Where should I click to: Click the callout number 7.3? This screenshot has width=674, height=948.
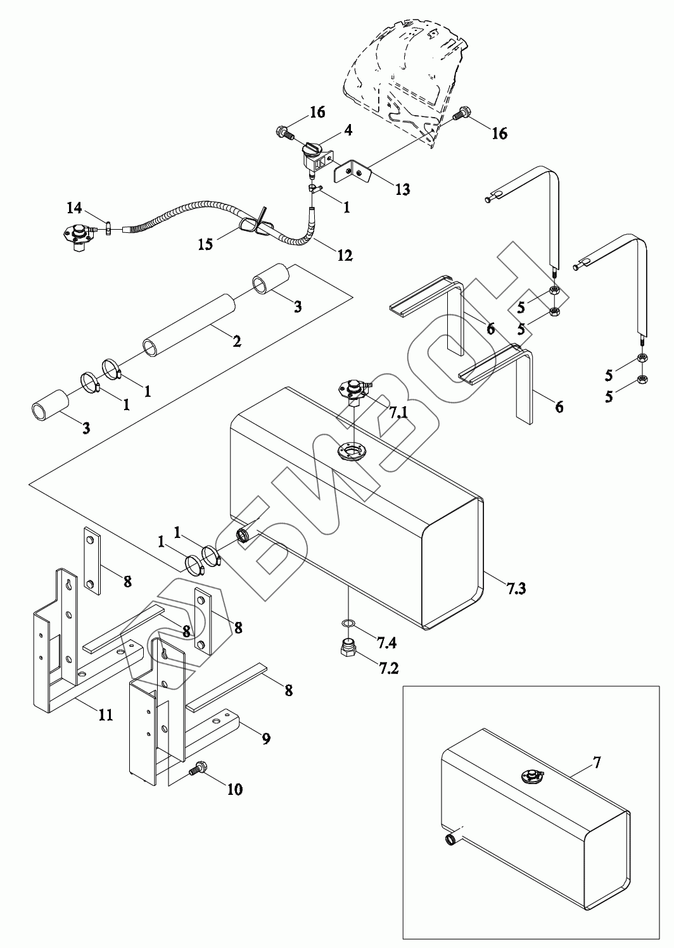516,589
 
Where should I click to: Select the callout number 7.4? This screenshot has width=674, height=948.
386,643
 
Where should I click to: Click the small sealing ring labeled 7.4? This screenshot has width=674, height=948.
347,623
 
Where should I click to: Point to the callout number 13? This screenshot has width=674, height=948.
402,189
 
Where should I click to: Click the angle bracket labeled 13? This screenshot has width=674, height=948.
352,171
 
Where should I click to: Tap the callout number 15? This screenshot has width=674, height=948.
205,244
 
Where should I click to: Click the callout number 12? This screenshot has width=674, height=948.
345,255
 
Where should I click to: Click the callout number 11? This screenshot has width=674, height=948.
105,714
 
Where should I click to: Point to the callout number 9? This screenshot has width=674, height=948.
265,739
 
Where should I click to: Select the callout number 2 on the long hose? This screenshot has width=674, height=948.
237,340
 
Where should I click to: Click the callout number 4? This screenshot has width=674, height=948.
348,130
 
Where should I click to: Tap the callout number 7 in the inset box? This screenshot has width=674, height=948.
597,763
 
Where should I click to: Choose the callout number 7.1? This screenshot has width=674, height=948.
398,412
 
